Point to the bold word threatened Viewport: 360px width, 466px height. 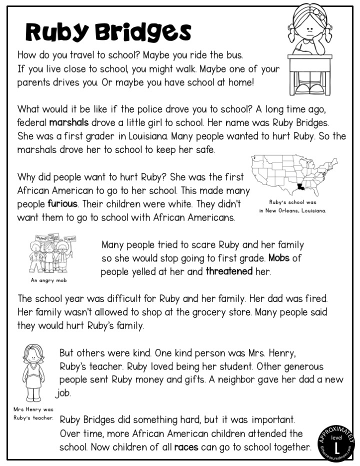pyautogui.click(x=229, y=272)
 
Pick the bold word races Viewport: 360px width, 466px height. pyautogui.click(x=186, y=446)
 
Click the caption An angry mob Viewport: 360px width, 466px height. pyautogui.click(x=48, y=280)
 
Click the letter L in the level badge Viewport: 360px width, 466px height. pyautogui.click(x=337, y=444)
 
